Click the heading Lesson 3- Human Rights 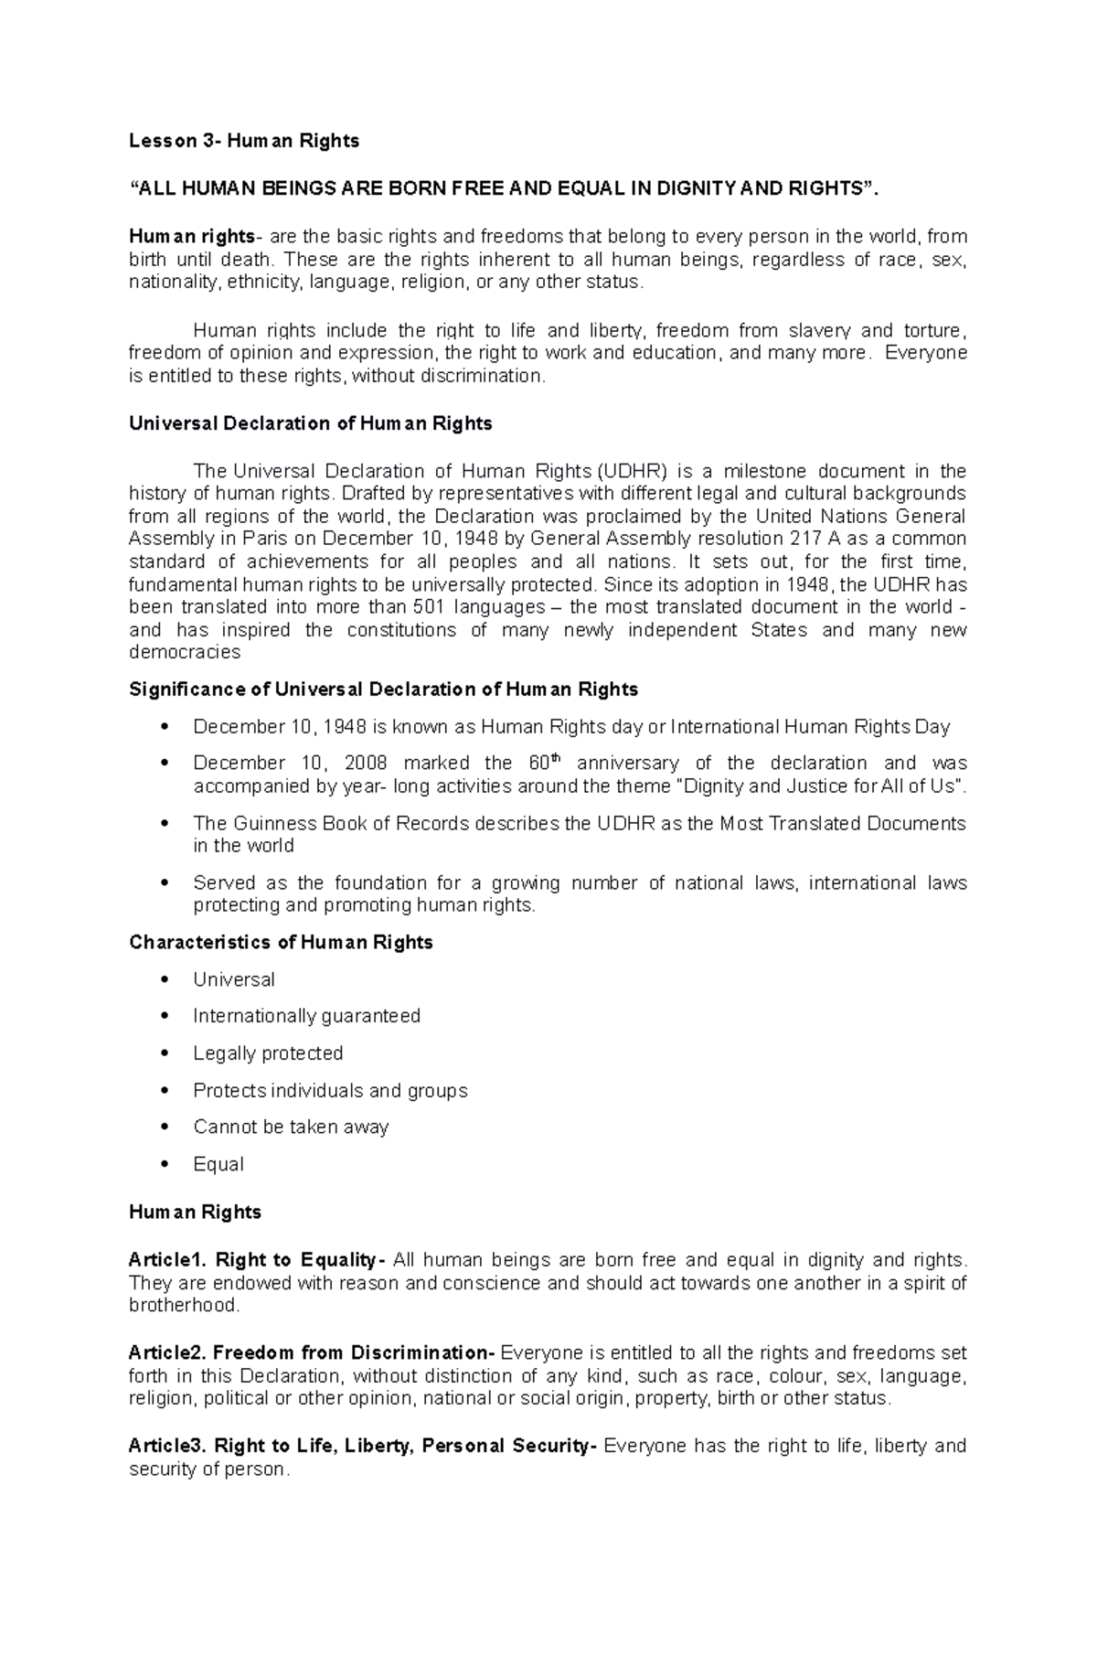point(243,141)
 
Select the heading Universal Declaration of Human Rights point(310,423)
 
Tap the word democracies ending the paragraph point(185,653)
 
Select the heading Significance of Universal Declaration point(383,689)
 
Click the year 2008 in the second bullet point(366,764)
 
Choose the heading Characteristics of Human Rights point(281,943)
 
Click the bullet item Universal point(233,979)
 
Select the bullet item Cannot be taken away point(291,1128)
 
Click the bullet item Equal point(218,1165)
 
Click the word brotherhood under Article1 point(183,1306)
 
